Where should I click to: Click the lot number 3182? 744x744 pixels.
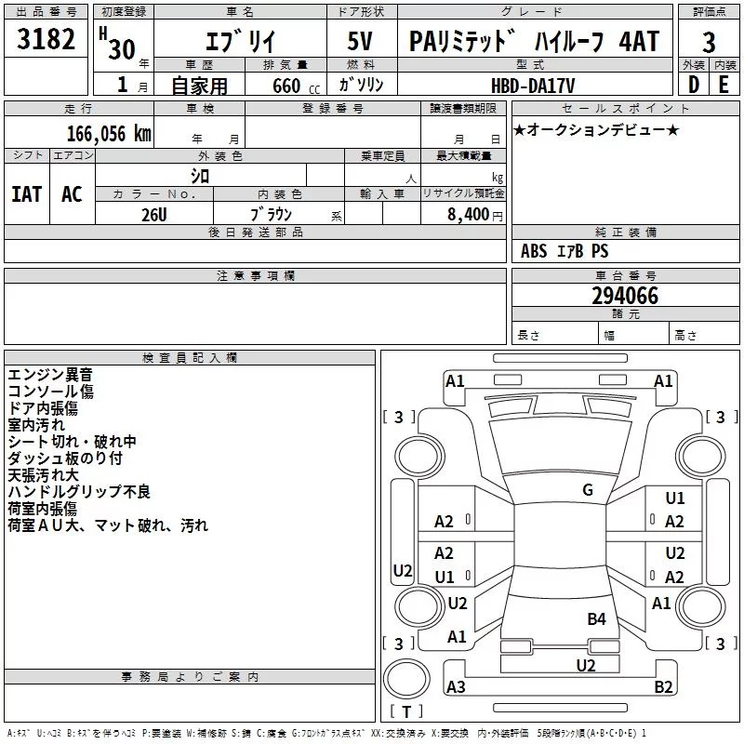[x=46, y=43]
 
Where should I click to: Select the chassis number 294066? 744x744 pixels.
[x=625, y=297]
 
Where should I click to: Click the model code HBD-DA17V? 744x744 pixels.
[x=534, y=85]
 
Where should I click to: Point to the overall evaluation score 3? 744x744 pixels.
[x=709, y=42]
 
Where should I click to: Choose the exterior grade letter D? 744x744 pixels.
[x=693, y=85]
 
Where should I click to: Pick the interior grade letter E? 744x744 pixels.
[x=724, y=85]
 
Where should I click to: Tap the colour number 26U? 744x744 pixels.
[x=153, y=214]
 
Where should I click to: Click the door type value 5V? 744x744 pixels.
[x=362, y=42]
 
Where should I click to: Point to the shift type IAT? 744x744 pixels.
[x=26, y=193]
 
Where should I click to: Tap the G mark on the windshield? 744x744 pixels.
[x=588, y=489]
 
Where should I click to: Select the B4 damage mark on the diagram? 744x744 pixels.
[x=596, y=618]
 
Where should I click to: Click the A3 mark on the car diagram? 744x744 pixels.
[x=456, y=686]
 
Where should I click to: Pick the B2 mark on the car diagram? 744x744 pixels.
[x=663, y=686]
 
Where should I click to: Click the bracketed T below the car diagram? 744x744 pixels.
[x=406, y=711]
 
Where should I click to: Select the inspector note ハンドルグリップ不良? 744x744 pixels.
[x=79, y=491]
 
